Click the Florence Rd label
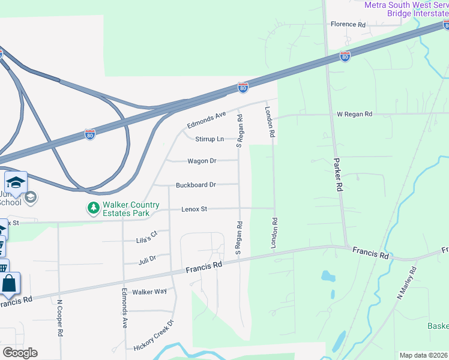click(348, 25)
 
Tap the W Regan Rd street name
click(354, 114)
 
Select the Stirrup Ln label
click(209, 139)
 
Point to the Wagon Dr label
click(202, 161)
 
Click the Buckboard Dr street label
click(196, 185)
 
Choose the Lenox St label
click(194, 209)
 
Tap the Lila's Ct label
click(146, 236)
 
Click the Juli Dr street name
click(147, 259)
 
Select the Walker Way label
click(149, 292)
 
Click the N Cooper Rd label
click(60, 317)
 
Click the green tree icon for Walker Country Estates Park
click(93, 208)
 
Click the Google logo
click(20, 353)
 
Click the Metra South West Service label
click(407, 5)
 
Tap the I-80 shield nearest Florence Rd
click(345, 56)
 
